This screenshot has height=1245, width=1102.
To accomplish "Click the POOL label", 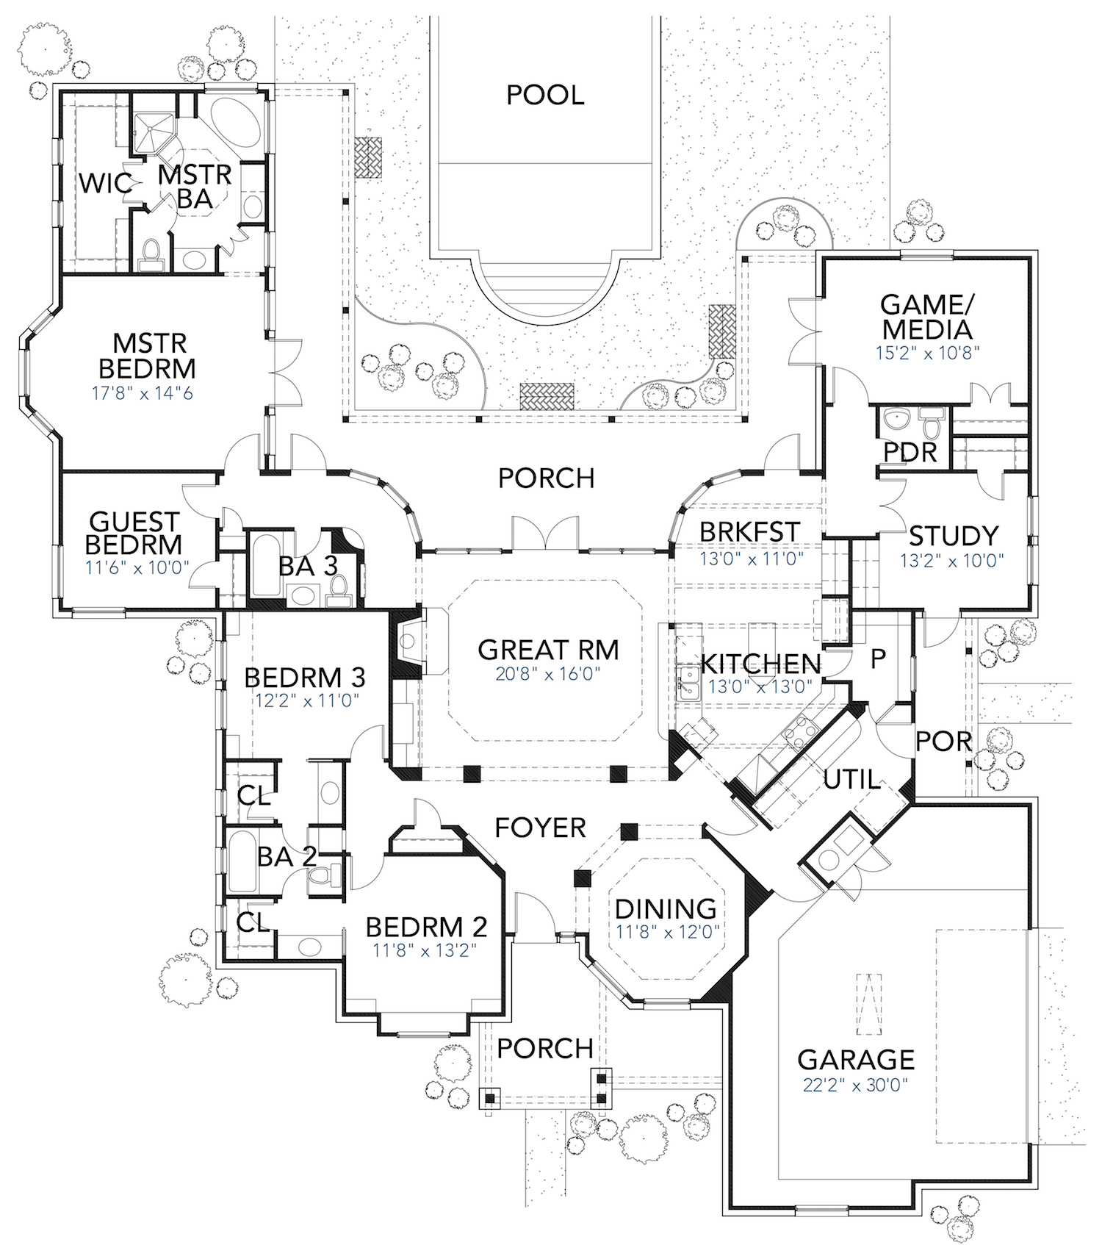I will tap(545, 95).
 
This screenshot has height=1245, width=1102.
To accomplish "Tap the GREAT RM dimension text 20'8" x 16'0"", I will tap(548, 674).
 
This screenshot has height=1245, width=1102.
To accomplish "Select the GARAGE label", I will tap(856, 1060).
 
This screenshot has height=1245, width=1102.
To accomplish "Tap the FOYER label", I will tap(540, 828).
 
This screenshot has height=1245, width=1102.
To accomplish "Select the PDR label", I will tap(910, 453).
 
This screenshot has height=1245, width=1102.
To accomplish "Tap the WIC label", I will tap(105, 183).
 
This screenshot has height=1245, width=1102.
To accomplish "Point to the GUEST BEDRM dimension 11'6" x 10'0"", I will tap(137, 567).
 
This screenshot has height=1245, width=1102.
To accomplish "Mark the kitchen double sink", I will tap(688, 681).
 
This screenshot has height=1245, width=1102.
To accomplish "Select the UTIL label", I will tap(851, 779).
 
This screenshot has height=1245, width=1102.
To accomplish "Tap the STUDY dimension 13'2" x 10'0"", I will tap(952, 561).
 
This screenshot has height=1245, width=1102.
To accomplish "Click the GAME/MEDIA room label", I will tap(926, 317).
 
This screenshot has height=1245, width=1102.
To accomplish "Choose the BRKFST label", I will tap(749, 531).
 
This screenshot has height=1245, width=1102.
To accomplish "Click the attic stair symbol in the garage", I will tap(871, 1004).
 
